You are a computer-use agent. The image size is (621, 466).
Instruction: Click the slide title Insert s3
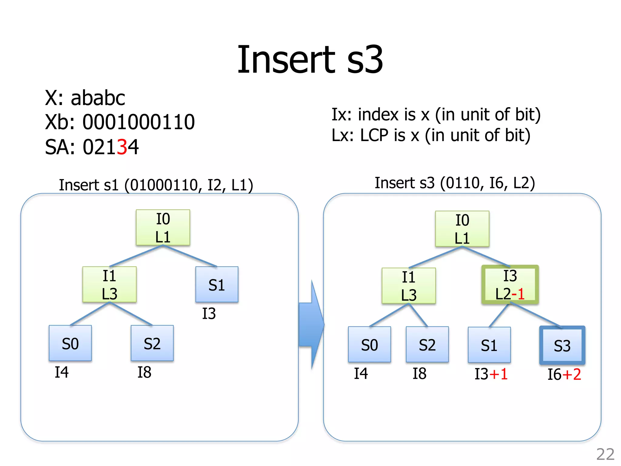pyautogui.click(x=310, y=59)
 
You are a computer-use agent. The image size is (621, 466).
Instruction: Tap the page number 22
pyautogui.click(x=605, y=454)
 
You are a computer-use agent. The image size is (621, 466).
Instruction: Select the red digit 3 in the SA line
pyautogui.click(x=122, y=147)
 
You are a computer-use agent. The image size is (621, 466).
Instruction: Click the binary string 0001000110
pyautogui.click(x=139, y=122)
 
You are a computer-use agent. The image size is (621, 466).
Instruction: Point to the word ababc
pyautogui.click(x=98, y=98)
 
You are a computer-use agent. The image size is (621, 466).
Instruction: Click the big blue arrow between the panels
pyautogui.click(x=311, y=325)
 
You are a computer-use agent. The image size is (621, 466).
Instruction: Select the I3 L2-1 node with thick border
pyautogui.click(x=510, y=285)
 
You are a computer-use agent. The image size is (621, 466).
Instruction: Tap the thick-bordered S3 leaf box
pyautogui.click(x=562, y=345)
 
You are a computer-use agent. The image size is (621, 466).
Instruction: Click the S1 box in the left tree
pyautogui.click(x=217, y=285)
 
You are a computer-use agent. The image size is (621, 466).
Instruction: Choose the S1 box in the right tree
pyautogui.click(x=489, y=345)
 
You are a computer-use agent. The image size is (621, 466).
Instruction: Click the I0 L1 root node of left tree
pyautogui.click(x=163, y=228)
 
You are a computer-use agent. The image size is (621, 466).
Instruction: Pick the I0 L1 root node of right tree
pyautogui.click(x=462, y=229)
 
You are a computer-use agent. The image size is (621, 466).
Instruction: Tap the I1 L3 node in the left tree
pyautogui.click(x=109, y=285)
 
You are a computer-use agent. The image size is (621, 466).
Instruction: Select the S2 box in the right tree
pyautogui.click(x=427, y=345)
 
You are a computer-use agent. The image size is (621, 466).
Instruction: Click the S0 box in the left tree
pyautogui.click(x=70, y=343)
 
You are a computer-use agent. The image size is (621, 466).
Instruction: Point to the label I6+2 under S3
pyautogui.click(x=564, y=374)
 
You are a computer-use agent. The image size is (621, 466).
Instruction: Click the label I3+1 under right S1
pyautogui.click(x=491, y=374)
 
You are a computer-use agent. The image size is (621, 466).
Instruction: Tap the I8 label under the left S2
pyautogui.click(x=144, y=372)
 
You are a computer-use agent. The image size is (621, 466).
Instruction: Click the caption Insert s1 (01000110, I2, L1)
pyautogui.click(x=156, y=185)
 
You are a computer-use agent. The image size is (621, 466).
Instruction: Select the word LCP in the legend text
pyautogui.click(x=374, y=135)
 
